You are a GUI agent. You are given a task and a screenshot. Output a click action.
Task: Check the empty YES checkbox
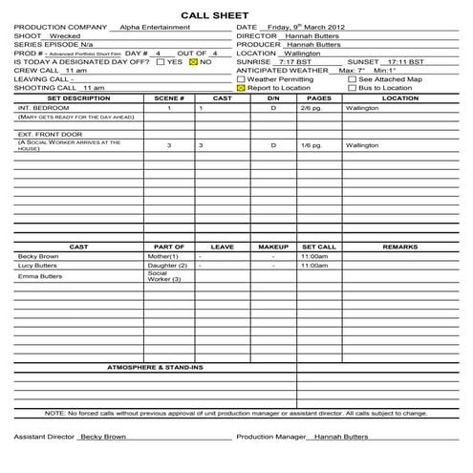tap(161, 61)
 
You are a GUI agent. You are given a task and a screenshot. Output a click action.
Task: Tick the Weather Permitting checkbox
tap(242, 78)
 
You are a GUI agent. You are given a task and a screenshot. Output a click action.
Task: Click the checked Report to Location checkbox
tap(242, 87)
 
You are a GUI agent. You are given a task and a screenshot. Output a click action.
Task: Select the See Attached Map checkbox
tap(352, 78)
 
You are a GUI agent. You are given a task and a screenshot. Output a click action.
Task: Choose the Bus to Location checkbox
tap(352, 87)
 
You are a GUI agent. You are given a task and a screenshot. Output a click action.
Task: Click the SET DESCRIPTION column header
tap(78, 97)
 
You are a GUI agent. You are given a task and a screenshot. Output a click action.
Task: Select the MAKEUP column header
tap(273, 247)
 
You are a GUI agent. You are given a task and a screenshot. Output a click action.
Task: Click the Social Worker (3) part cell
tap(164, 276)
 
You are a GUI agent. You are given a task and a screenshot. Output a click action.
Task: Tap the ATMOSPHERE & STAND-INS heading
tap(156, 367)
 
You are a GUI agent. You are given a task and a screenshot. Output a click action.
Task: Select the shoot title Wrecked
tap(65, 35)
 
